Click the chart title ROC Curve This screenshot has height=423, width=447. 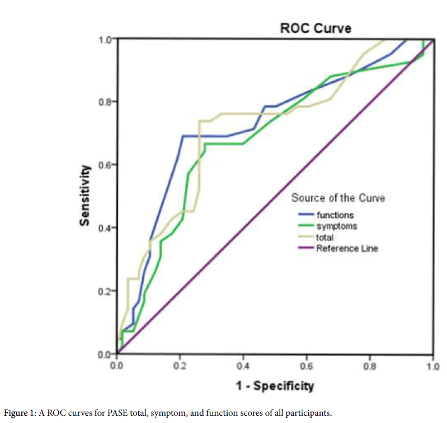click(316, 28)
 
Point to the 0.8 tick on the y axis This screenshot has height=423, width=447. click(105, 102)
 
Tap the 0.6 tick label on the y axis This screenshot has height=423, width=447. click(105, 165)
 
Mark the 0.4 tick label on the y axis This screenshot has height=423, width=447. click(105, 228)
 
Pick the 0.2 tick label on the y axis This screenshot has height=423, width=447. click(105, 291)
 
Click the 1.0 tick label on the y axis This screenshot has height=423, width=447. click(105, 39)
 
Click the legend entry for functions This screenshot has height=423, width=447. click(335, 215)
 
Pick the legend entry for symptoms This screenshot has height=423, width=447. click(336, 226)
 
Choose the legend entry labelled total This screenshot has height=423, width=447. click(325, 237)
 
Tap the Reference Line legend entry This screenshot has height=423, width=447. click(346, 248)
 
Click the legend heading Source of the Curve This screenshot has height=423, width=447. click(338, 198)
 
